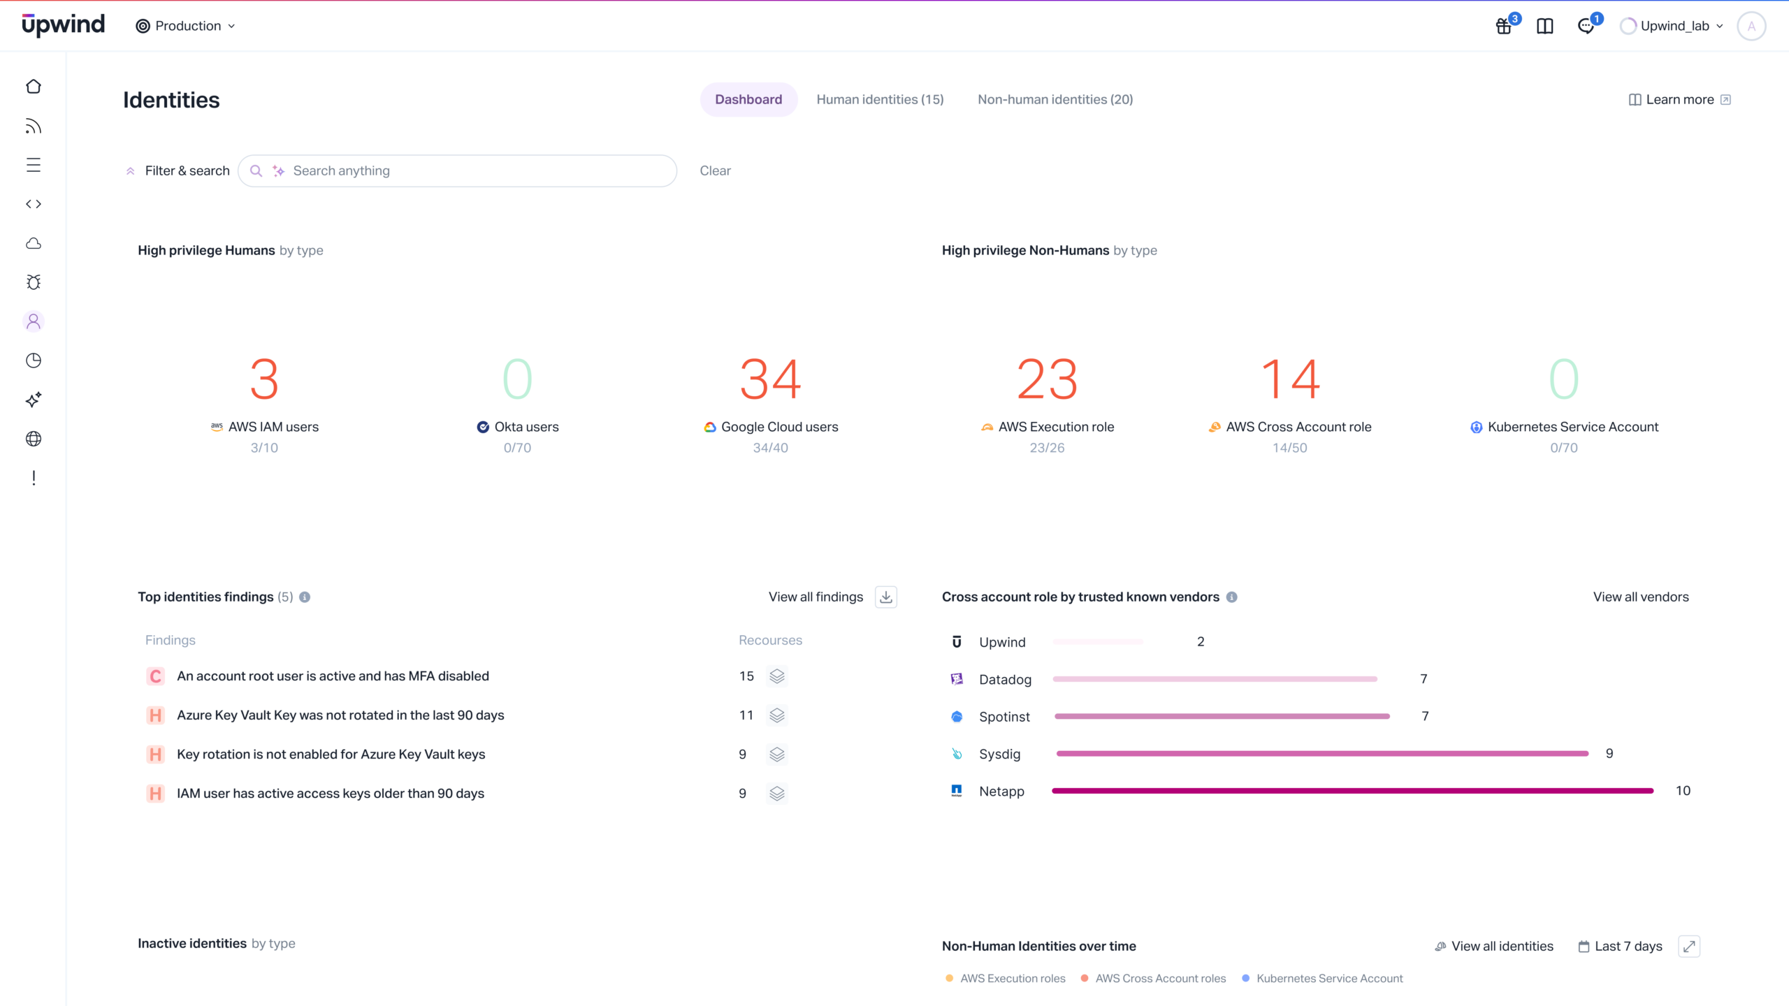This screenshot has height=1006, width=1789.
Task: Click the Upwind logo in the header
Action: (x=63, y=25)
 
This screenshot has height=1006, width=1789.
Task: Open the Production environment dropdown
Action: (x=186, y=26)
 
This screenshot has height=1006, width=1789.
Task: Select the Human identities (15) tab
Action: (x=880, y=99)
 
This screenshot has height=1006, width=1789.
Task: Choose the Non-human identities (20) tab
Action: (x=1055, y=99)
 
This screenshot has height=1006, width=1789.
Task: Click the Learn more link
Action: (x=1679, y=99)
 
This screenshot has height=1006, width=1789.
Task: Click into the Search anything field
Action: (x=475, y=170)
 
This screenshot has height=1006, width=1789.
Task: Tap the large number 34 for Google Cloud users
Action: (x=770, y=379)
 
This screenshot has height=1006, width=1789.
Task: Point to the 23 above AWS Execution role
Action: (x=1047, y=379)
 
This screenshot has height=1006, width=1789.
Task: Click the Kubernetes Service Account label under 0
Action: (x=1572, y=427)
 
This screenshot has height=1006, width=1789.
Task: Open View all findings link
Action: (x=816, y=597)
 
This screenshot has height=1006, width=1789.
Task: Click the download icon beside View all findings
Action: (x=885, y=597)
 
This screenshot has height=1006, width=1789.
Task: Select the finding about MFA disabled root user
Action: (x=333, y=676)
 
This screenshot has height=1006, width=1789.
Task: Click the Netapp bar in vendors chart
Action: (x=1352, y=791)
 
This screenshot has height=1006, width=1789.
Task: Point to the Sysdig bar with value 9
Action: (x=1321, y=753)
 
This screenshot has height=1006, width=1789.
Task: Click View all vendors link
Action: (x=1640, y=597)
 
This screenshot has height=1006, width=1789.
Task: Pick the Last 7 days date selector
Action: (x=1620, y=946)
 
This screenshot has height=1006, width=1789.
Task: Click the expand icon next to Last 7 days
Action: (x=1688, y=946)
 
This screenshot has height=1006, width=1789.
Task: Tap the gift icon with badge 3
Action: (x=1504, y=27)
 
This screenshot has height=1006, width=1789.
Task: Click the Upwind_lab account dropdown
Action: (x=1674, y=26)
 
